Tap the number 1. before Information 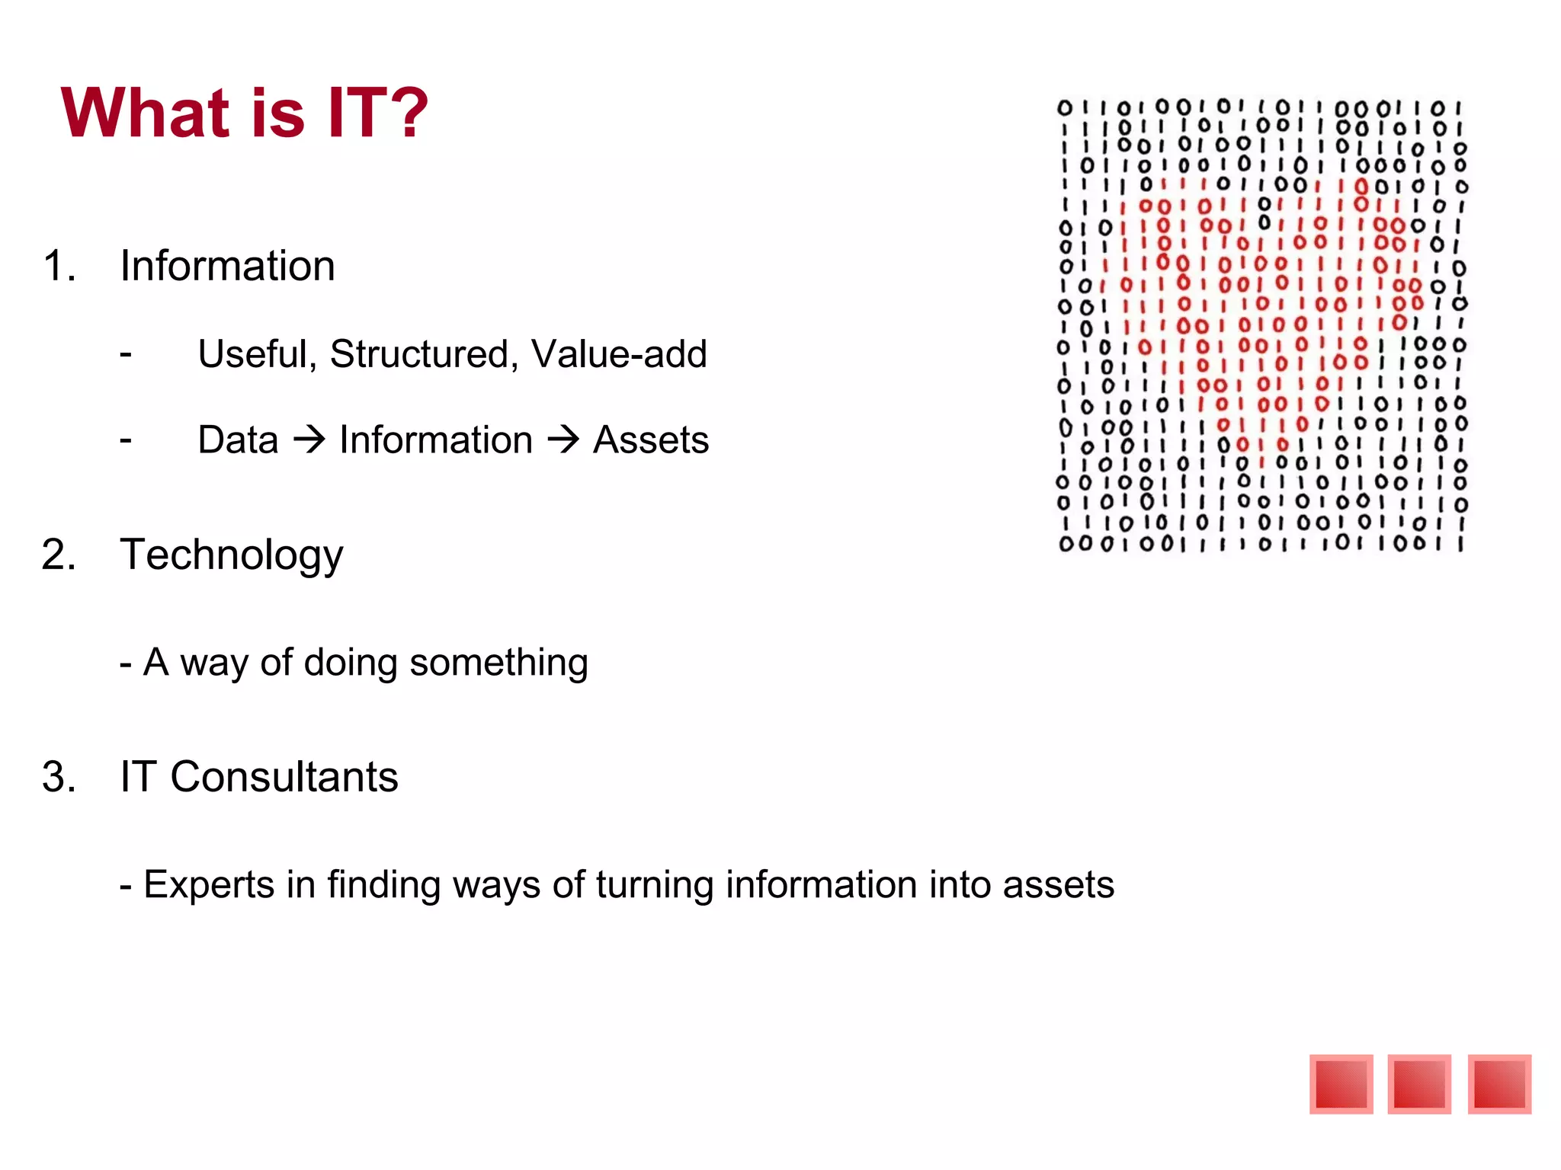click(59, 267)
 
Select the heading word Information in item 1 click(227, 267)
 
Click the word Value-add click(619, 354)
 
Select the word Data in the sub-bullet click(238, 440)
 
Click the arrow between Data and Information click(309, 440)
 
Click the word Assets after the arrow click(651, 440)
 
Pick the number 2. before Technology click(59, 555)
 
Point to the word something click(498, 663)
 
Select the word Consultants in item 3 click(284, 777)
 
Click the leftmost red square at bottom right click(1341, 1084)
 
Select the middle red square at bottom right click(1419, 1084)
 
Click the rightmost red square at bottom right click(1499, 1084)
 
